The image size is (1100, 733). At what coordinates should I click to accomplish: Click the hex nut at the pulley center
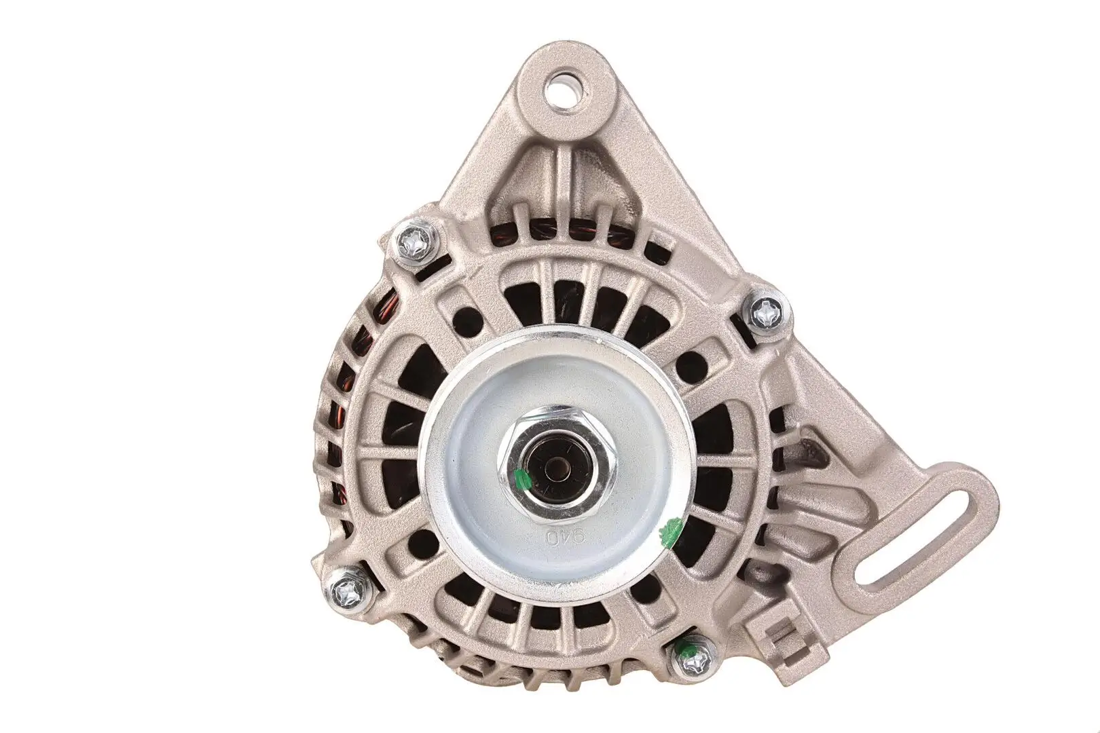coord(548,462)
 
